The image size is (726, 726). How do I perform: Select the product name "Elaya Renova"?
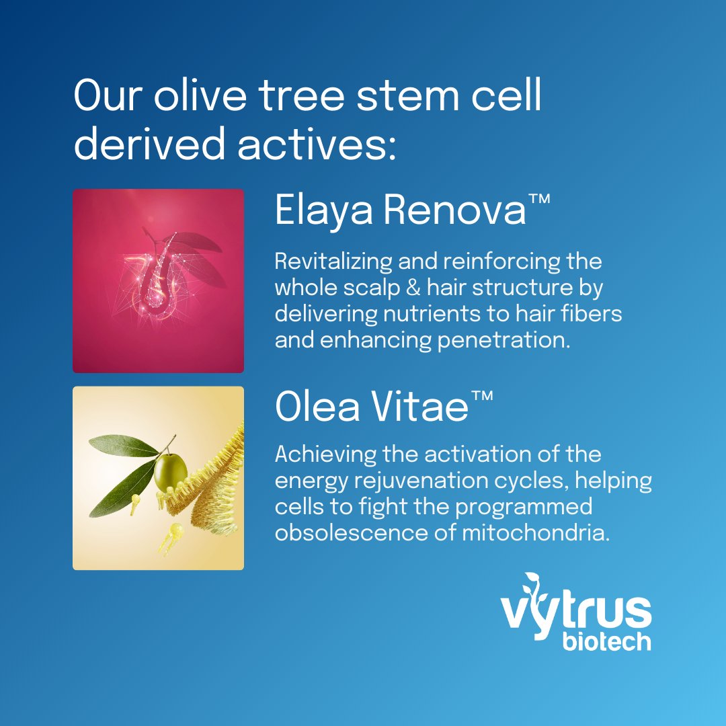(x=399, y=211)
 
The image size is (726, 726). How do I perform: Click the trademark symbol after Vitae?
(x=481, y=396)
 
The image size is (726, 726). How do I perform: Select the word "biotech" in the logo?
(x=606, y=639)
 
